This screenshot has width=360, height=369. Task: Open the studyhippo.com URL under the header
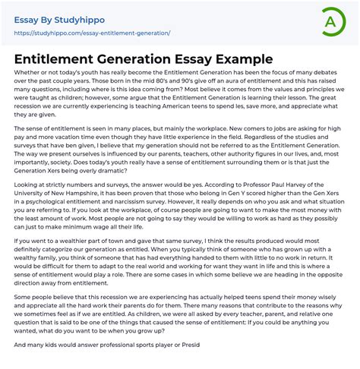click(90, 33)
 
